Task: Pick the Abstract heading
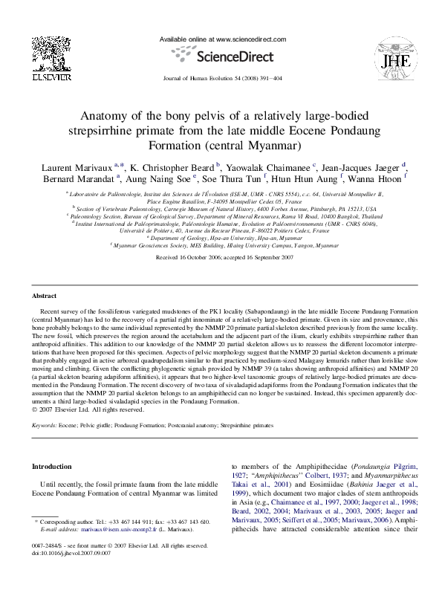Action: coord(45,295)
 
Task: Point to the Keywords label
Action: coord(45,425)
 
